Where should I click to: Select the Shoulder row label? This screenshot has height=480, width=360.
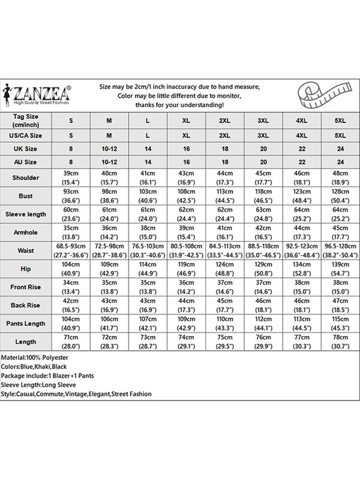[x=25, y=178]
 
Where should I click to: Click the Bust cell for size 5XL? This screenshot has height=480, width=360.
[x=340, y=196]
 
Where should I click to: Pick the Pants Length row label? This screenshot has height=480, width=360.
[x=25, y=323]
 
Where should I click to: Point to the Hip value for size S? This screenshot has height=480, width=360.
[x=71, y=269]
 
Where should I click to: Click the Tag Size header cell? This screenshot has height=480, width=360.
[x=25, y=120]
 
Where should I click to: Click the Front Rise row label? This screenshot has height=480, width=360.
[x=25, y=287]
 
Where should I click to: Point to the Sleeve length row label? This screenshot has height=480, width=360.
[x=25, y=214]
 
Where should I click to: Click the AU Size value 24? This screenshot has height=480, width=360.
[x=340, y=162]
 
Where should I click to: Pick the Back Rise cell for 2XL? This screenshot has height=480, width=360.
[x=224, y=305]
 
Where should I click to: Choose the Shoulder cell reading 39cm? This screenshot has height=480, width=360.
[x=71, y=178]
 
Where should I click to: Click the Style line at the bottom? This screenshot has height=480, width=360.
[x=76, y=394]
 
